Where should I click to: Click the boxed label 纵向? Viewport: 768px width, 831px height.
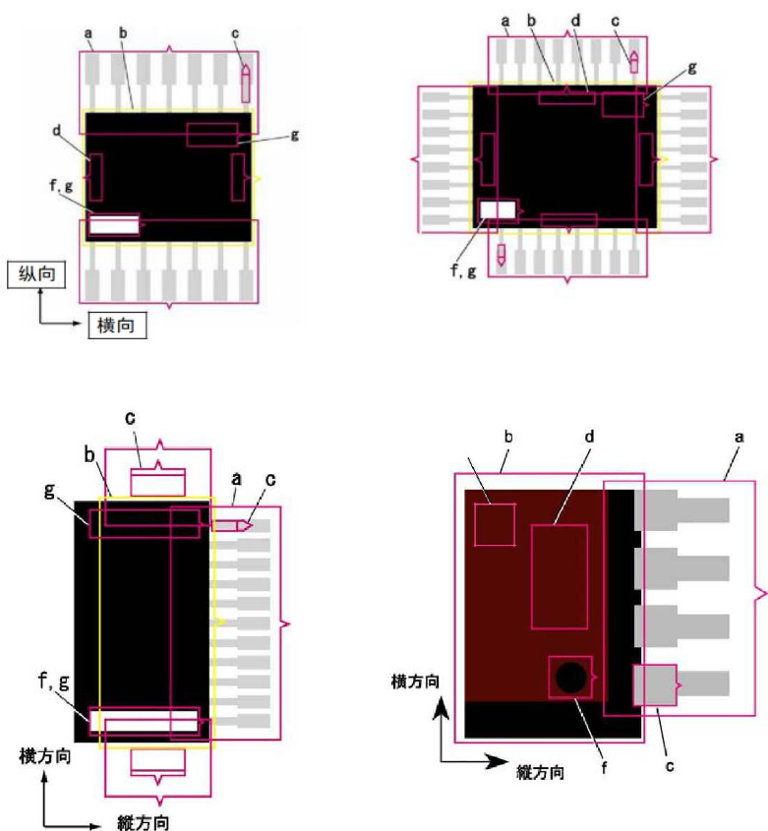(x=36, y=274)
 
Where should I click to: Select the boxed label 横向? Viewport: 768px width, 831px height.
(x=117, y=325)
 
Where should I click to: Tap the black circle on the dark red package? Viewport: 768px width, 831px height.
(x=570, y=678)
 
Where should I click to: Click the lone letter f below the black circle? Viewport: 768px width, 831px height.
(x=604, y=767)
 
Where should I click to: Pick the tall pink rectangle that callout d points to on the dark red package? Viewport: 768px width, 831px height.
(x=560, y=576)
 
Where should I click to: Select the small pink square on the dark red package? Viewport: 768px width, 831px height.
(x=495, y=524)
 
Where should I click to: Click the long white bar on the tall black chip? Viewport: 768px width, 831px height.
(x=144, y=721)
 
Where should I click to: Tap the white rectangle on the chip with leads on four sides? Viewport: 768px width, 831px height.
(x=498, y=209)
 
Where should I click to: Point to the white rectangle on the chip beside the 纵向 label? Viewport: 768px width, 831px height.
(x=114, y=224)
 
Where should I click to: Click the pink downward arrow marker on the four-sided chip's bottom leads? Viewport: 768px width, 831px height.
(x=501, y=255)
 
